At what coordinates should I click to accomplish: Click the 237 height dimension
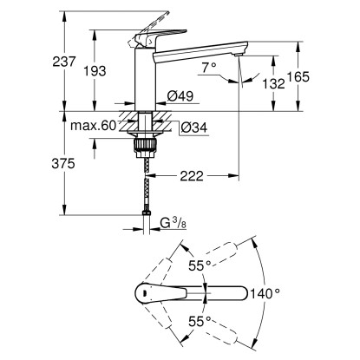[64, 62]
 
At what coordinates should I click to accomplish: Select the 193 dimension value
[95, 71]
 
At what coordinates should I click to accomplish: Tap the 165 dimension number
[298, 76]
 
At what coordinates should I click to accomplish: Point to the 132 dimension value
[273, 84]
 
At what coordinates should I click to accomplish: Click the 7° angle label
[209, 68]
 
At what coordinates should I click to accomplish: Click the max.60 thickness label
[94, 126]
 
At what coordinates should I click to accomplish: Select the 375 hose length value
[63, 164]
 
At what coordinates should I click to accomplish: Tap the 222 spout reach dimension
[192, 175]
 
